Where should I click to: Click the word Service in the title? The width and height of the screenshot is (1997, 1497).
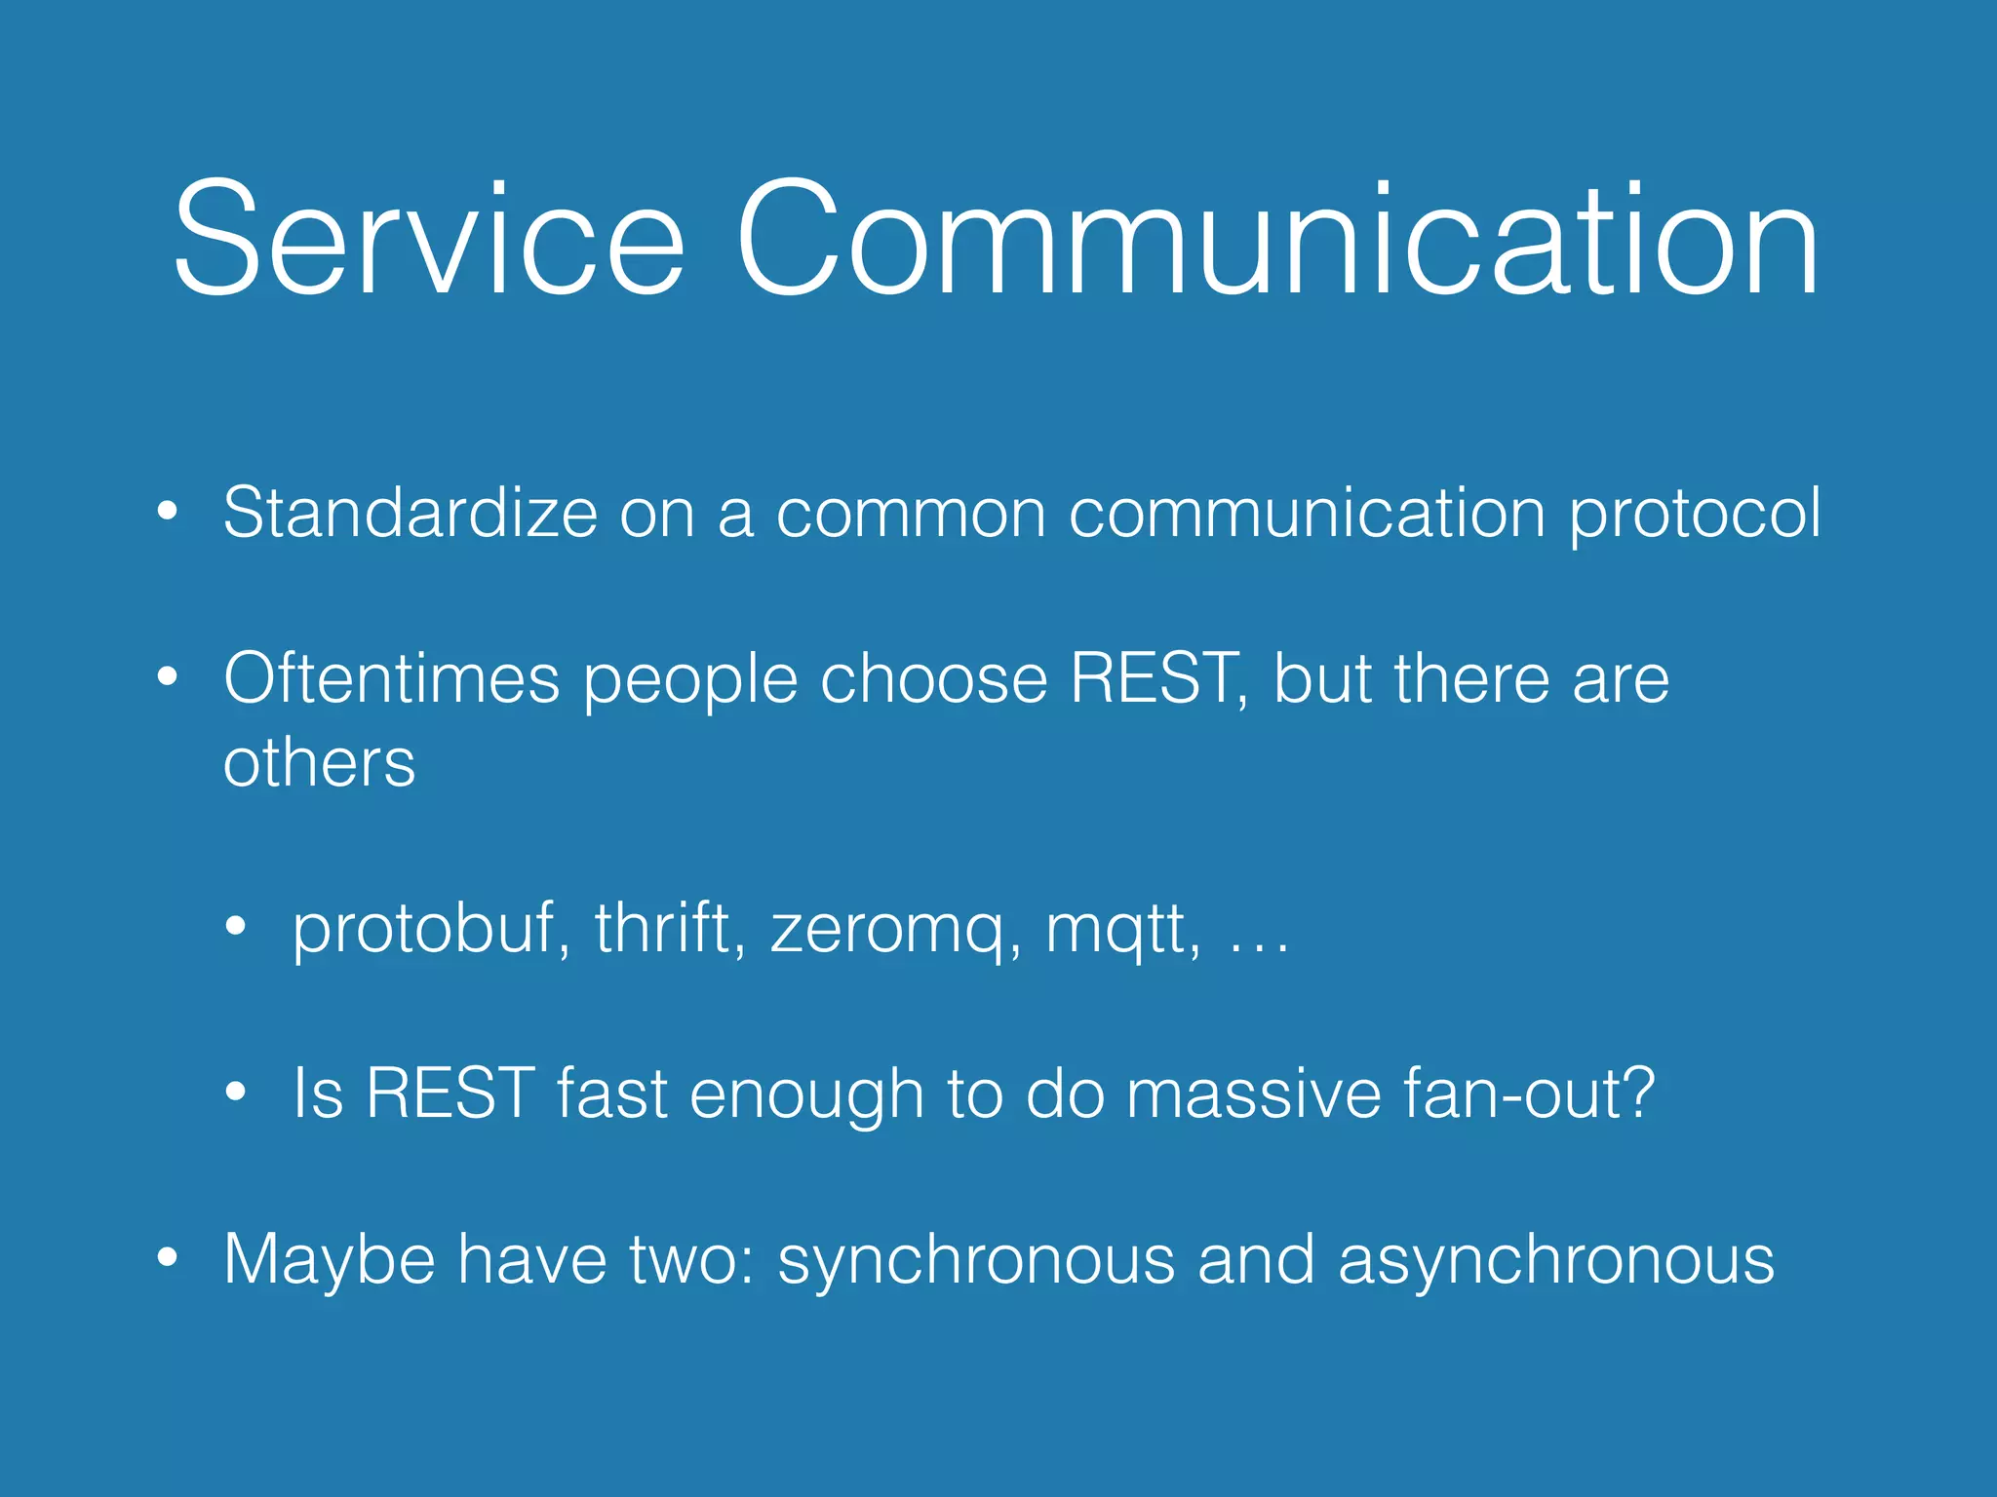[x=429, y=239]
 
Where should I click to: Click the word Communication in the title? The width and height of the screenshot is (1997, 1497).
[x=1277, y=239]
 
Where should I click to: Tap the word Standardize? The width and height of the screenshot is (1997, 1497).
[x=410, y=513]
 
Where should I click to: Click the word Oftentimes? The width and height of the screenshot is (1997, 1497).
[x=391, y=678]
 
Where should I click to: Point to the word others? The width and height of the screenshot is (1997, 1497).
[x=319, y=762]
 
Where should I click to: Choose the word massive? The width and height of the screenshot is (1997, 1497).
[x=1254, y=1094]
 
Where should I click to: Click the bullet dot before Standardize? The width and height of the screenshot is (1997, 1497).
[x=168, y=511]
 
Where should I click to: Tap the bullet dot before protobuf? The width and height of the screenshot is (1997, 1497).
[x=236, y=927]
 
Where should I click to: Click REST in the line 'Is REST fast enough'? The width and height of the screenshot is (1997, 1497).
[x=450, y=1094]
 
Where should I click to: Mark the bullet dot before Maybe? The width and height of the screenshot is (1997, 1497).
[x=168, y=1257]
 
